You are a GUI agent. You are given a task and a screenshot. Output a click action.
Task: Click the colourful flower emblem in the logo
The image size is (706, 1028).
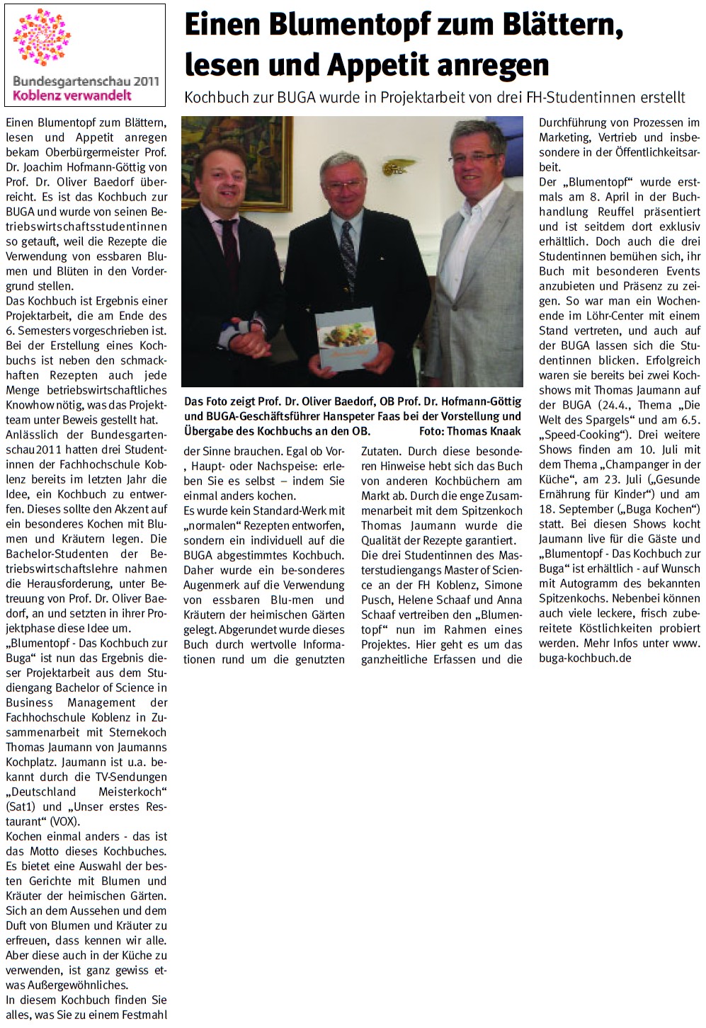point(42,37)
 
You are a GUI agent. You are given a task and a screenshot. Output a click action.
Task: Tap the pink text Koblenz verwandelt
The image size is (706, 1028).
point(72,96)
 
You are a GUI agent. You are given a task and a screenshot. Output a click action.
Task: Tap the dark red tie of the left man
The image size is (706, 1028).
point(229,263)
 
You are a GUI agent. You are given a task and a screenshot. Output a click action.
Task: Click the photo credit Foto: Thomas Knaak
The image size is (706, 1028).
point(469,431)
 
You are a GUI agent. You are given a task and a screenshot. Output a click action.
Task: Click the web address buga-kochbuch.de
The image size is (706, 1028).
point(585,658)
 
